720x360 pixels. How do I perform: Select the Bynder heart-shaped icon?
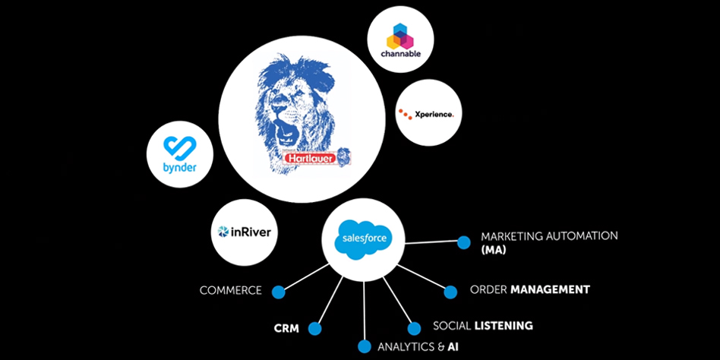[171, 147]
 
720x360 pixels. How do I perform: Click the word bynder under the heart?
[171, 167]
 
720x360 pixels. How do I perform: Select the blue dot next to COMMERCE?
[278, 291]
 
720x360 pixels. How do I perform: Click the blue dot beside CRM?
[314, 329]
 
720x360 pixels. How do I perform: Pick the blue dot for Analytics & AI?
[365, 347]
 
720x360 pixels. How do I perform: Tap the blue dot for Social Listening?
[414, 329]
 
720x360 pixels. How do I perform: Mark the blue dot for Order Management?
[450, 292]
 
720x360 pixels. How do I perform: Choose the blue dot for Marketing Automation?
[463, 242]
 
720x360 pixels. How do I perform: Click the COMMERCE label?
[231, 291]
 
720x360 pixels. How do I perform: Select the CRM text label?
[286, 329]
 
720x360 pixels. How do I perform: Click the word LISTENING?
[504, 326]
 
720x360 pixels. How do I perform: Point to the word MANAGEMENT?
[550, 289]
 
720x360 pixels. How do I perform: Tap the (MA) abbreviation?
[494, 249]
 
